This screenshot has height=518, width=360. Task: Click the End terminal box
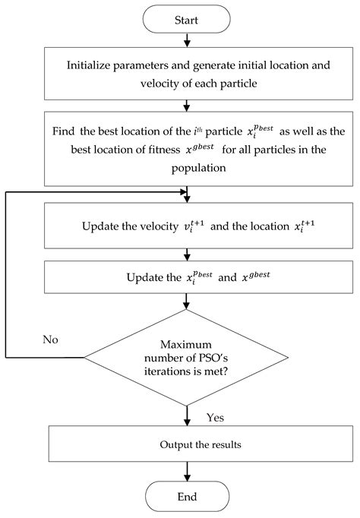[187, 497]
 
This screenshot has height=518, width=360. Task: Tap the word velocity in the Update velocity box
[149, 226]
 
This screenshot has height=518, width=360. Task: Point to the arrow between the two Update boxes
[187, 254]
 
